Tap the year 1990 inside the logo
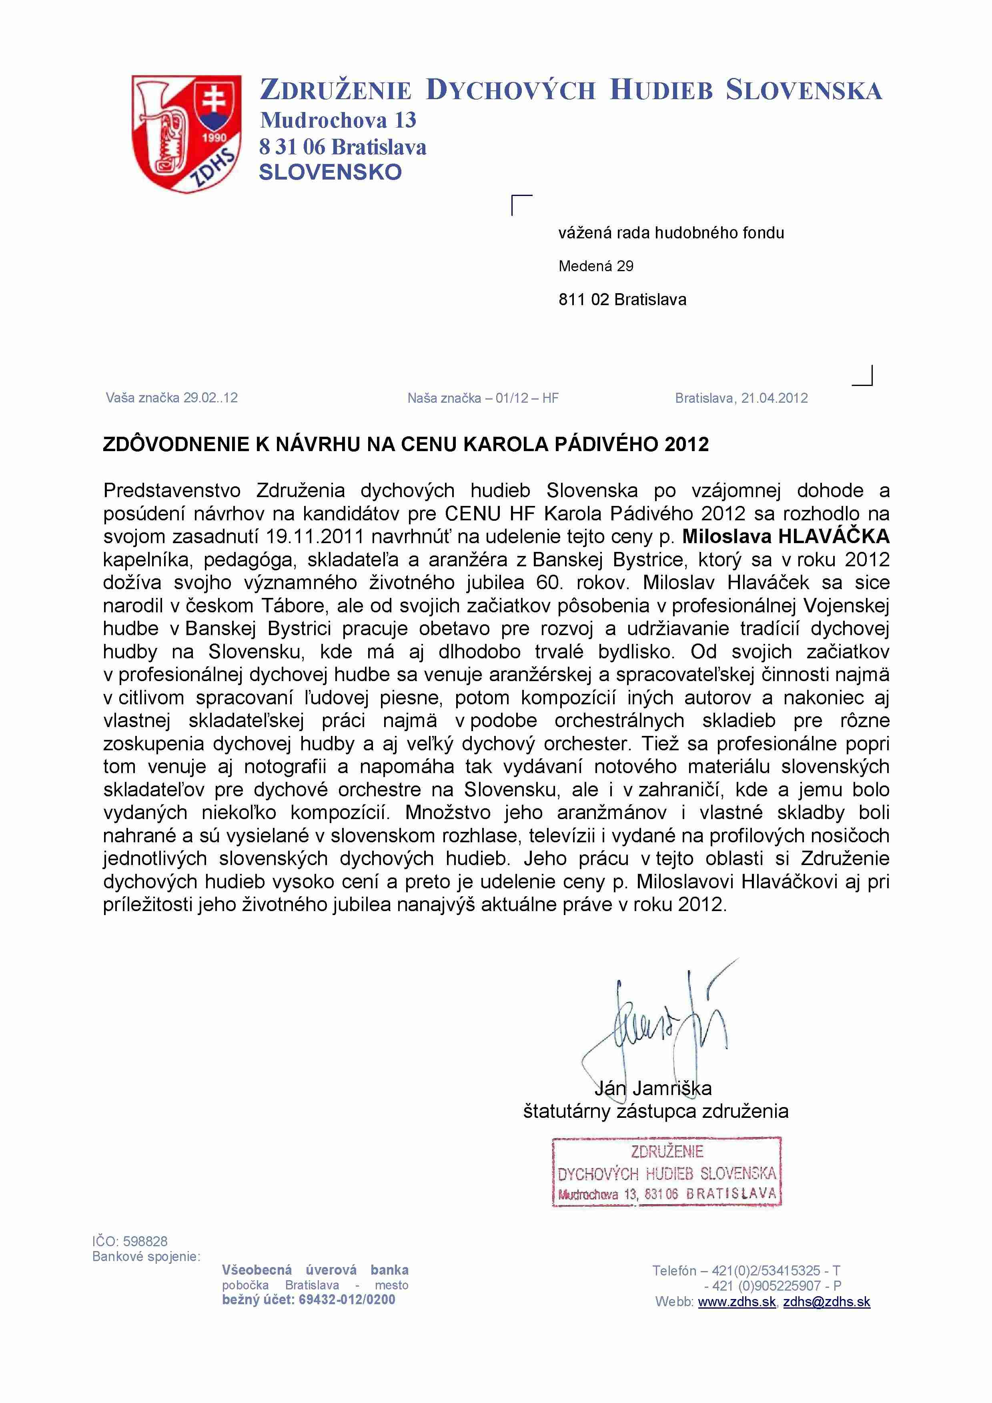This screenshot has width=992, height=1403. (214, 138)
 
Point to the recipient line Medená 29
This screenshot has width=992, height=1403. (595, 266)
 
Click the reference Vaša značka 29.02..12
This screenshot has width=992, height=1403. (172, 398)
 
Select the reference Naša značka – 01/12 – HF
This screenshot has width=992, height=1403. (483, 398)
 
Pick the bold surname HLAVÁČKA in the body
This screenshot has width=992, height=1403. (833, 536)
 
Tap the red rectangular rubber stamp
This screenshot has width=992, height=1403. (666, 1171)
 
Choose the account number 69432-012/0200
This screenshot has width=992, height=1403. (347, 1300)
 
